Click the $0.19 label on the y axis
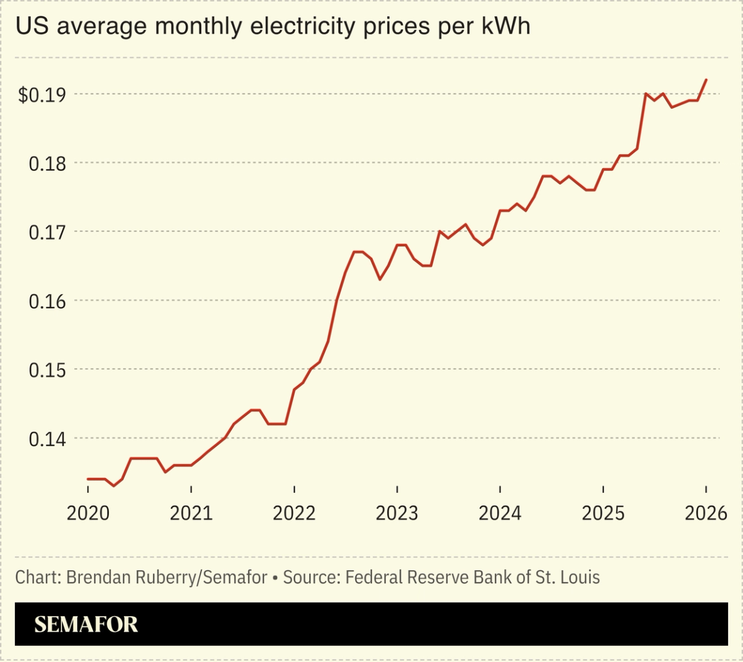[x=42, y=95]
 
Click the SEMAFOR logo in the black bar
[x=86, y=624]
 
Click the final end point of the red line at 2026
[x=706, y=80]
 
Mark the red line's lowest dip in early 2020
[x=114, y=485]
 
